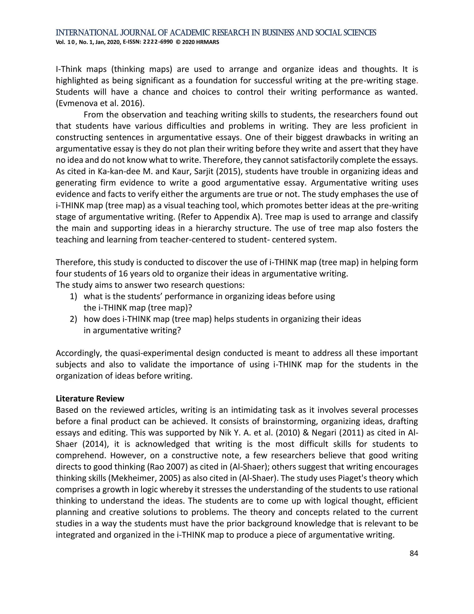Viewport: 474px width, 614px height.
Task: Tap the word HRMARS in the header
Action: point(208,42)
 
